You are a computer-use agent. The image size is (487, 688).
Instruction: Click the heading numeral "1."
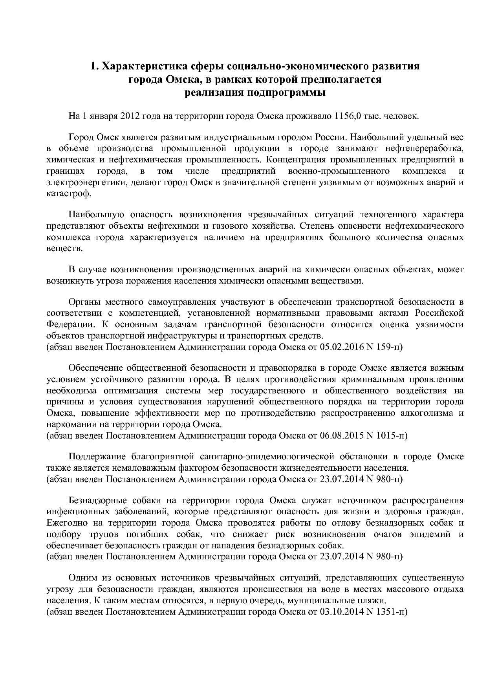(x=95, y=66)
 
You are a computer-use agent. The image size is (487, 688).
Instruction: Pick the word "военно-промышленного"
(x=339, y=171)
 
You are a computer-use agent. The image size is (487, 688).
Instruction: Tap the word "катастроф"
(x=68, y=193)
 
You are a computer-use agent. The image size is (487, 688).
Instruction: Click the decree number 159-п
(x=389, y=347)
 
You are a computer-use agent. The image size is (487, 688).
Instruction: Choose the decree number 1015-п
(x=392, y=435)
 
